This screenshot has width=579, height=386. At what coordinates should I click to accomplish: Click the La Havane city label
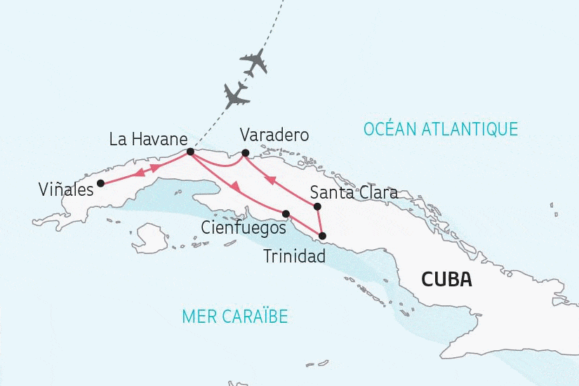pos(148,139)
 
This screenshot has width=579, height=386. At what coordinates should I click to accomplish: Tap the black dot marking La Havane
pos(190,151)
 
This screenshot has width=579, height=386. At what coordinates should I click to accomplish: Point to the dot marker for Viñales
pos(100,183)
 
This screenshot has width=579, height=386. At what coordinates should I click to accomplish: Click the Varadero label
pos(274,135)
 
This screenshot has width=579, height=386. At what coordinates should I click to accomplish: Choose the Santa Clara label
pos(354,192)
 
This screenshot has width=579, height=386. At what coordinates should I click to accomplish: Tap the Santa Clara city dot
pos(317,206)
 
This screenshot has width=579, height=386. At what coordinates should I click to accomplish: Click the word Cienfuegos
pos(243,228)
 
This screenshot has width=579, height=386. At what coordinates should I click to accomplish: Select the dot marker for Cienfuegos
pos(286,213)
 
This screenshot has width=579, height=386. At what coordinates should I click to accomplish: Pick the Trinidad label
pos(294,256)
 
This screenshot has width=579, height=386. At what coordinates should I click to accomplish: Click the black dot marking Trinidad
pos(323,236)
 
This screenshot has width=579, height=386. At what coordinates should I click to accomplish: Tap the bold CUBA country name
pos(446,279)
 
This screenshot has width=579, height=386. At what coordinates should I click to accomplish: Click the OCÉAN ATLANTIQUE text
pos(440,128)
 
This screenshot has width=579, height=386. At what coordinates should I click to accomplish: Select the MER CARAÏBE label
pos(234,316)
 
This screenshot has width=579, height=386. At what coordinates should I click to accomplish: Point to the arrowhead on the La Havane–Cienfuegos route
pos(238,187)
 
